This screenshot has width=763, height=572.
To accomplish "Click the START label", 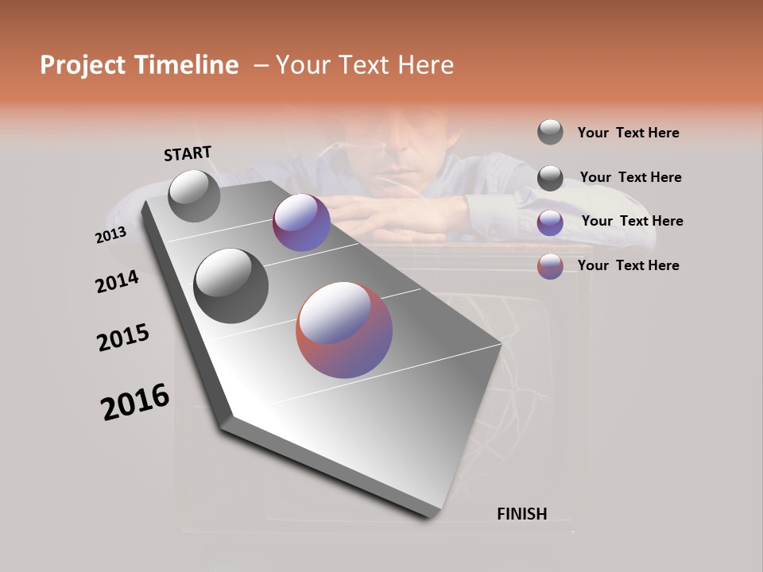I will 188,153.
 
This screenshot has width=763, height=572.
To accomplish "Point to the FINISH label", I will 521,514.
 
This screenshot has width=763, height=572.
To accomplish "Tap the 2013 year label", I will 110,236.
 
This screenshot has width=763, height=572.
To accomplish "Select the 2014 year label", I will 117,282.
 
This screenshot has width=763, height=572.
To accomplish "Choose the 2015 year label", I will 123,338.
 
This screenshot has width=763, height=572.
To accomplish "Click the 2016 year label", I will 135,402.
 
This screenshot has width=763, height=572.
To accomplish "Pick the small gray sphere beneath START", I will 194,195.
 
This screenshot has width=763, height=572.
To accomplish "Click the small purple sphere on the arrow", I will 301,222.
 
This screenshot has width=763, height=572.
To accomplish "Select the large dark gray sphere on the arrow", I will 231,286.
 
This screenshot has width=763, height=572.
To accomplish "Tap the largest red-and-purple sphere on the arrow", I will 344,330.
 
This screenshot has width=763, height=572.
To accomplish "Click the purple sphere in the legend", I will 550,222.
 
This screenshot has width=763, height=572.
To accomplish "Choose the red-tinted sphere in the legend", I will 550,266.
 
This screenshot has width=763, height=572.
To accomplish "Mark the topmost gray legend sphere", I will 550,132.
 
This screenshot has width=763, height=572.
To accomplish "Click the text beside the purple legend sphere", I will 632,221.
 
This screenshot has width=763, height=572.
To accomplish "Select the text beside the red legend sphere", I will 628,265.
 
